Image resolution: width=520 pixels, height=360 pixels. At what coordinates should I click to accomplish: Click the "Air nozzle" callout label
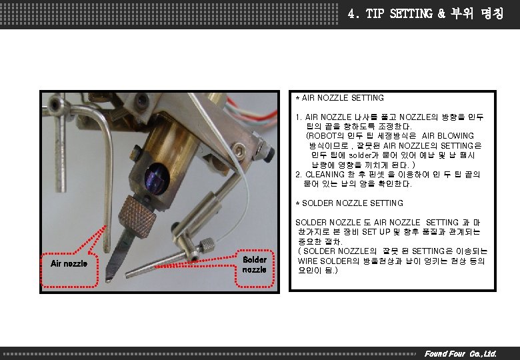click(x=69, y=263)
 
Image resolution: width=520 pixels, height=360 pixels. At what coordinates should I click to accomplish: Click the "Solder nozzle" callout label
click(x=255, y=265)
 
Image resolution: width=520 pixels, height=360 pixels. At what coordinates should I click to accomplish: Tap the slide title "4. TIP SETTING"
click(x=390, y=13)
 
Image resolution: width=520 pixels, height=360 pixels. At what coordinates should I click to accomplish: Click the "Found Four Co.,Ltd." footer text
click(x=460, y=354)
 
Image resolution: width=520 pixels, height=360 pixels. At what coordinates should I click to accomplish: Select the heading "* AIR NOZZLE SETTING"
click(x=340, y=98)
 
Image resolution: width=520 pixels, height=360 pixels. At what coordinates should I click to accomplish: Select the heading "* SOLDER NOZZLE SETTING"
click(x=349, y=203)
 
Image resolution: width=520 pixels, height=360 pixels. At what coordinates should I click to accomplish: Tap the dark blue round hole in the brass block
click(x=157, y=179)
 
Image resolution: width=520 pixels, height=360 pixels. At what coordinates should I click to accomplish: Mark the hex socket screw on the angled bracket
click(x=238, y=150)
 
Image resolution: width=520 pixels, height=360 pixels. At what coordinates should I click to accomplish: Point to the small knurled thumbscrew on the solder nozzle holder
click(x=207, y=245)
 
